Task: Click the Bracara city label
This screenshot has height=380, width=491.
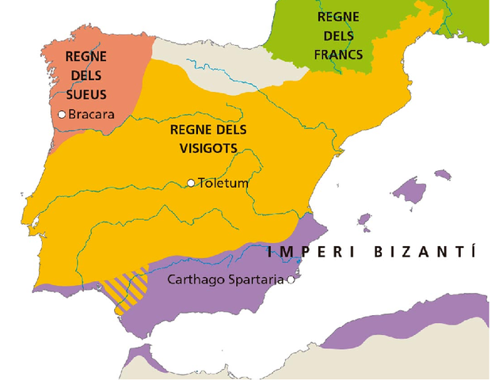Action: [92, 115]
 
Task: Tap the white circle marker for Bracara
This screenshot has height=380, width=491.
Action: [63, 114]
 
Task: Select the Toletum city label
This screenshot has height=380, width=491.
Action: [223, 184]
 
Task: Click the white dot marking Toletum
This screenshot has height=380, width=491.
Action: [191, 183]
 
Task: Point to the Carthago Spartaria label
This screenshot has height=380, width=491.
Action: [226, 279]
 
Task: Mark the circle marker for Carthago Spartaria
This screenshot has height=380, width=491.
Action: [291, 279]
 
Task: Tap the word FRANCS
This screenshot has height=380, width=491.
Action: [338, 55]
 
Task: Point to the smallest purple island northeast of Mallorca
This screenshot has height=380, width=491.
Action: [443, 173]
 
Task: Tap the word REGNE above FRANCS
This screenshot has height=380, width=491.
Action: [338, 17]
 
